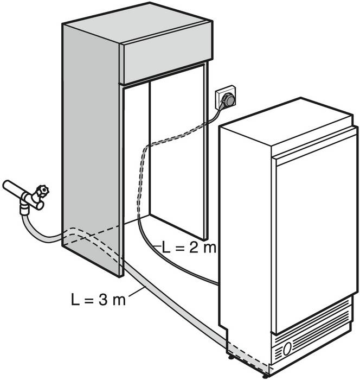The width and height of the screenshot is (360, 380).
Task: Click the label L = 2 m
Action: [x=189, y=248]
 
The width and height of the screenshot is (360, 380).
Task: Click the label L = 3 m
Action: [x=99, y=300]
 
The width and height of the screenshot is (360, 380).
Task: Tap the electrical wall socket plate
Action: [x=226, y=98]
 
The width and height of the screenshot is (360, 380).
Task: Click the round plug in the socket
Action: [x=228, y=99]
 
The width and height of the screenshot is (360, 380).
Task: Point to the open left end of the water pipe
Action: [x=6, y=186]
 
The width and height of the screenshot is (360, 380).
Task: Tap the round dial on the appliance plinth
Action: [x=287, y=348]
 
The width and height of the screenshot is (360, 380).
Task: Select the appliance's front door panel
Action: [x=316, y=232]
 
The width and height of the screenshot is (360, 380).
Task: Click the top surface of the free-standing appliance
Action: [x=286, y=121]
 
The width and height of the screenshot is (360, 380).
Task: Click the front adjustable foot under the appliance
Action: [x=266, y=376]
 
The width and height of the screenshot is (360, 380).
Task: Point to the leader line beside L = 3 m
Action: [x=137, y=292]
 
